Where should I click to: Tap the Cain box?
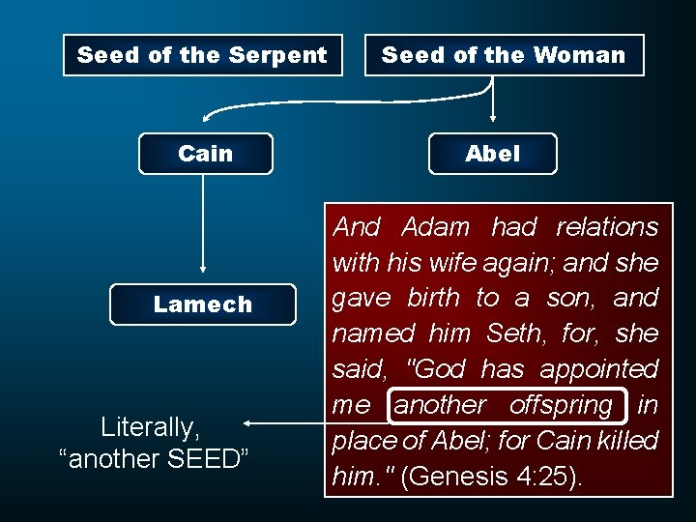(x=206, y=154)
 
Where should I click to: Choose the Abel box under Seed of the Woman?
(x=493, y=154)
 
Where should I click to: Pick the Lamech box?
(x=203, y=304)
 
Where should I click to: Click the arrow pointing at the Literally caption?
(x=285, y=422)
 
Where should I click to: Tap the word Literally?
(x=150, y=426)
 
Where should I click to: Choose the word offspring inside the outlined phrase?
(x=561, y=405)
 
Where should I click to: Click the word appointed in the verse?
(x=598, y=369)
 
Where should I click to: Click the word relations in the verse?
(x=607, y=227)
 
